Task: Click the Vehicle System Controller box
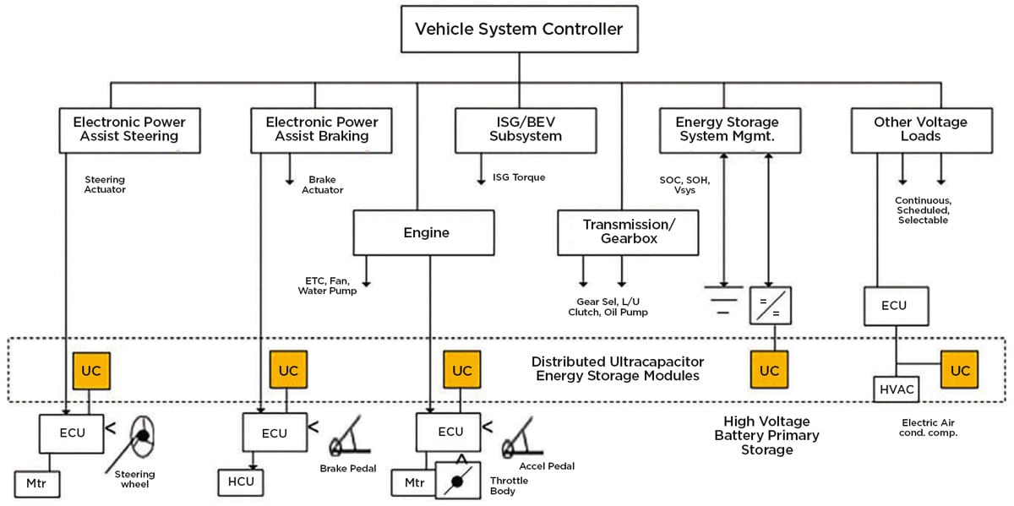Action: pyautogui.click(x=518, y=30)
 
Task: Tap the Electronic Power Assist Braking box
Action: pyautogui.click(x=322, y=129)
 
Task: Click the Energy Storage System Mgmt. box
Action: pyautogui.click(x=727, y=129)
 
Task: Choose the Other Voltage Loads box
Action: pyautogui.click(x=920, y=129)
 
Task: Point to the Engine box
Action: pyautogui.click(x=423, y=232)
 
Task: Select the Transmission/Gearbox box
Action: pyautogui.click(x=629, y=232)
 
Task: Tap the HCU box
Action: pyautogui.click(x=241, y=482)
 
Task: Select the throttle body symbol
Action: pyautogui.click(x=457, y=480)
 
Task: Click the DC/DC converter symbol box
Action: pyautogui.click(x=768, y=305)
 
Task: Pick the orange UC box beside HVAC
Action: pyautogui.click(x=959, y=370)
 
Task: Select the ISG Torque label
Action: pyautogui.click(x=519, y=177)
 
